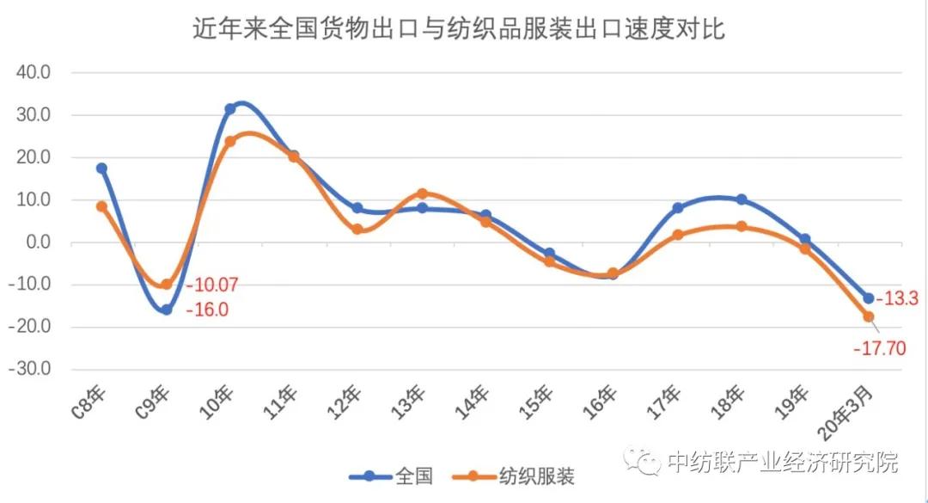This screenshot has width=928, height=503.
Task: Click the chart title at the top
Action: coord(459,29)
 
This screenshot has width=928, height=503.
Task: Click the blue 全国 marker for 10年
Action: coord(230,109)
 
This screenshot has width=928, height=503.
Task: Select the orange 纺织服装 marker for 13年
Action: coord(421,193)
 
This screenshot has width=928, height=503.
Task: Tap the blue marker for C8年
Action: coord(101,169)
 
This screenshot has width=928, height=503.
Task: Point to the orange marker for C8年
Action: coord(101,206)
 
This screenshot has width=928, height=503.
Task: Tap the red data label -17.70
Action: coord(881,348)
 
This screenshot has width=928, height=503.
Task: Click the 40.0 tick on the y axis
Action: coord(35,72)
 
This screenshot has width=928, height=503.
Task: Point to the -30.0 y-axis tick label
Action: coord(33,370)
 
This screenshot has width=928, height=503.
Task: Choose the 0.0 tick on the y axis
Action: coord(40,242)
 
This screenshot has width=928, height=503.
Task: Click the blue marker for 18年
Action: coord(741,199)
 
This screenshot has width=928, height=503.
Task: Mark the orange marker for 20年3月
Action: coord(869,316)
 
